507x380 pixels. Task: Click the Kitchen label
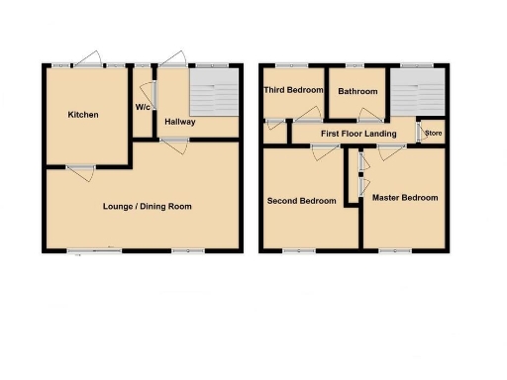[83, 115]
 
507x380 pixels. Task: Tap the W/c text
[143, 108]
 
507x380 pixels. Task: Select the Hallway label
[180, 122]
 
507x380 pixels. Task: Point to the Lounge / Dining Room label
[148, 206]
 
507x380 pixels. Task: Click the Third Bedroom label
[293, 90]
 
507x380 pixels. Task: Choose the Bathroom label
[357, 90]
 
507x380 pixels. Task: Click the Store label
[433, 132]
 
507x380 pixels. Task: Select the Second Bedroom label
[301, 201]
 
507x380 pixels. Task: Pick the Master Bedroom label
[405, 198]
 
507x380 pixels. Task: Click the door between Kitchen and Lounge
[80, 167]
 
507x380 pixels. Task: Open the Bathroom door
[369, 116]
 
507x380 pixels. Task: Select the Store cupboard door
[419, 132]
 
